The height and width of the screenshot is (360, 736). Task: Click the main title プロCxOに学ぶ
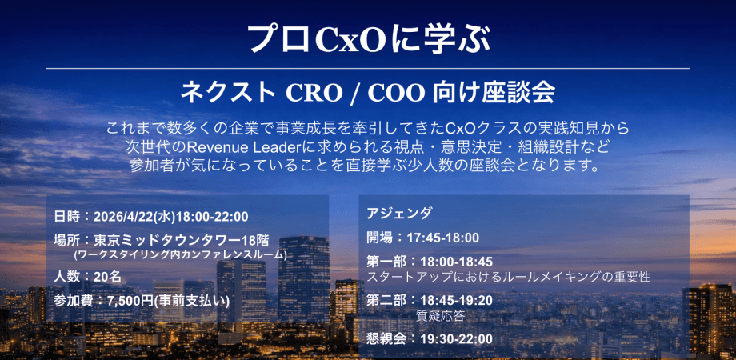[x=367, y=38]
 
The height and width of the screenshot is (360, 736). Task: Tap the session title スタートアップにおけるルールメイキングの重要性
[x=508, y=277]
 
